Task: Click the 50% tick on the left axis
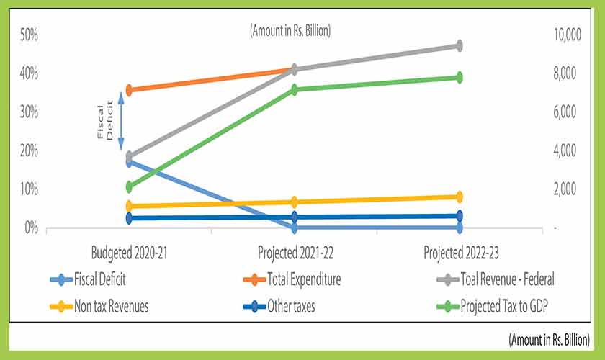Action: (28, 35)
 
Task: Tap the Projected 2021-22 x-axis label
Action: (295, 253)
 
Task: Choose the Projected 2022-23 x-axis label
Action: (460, 253)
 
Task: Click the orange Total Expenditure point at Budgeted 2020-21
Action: (129, 90)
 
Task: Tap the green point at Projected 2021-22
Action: (295, 89)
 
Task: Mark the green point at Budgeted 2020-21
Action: (129, 187)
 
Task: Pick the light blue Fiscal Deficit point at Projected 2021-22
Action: (295, 228)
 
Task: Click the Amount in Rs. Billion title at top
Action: (290, 31)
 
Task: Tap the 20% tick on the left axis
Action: (28, 150)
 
